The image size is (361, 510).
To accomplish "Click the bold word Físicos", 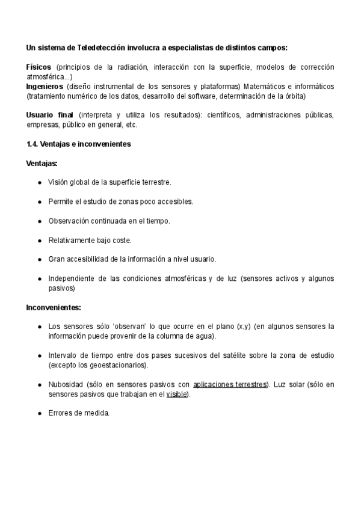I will coord(39,67).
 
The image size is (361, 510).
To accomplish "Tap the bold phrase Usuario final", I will coord(49,115).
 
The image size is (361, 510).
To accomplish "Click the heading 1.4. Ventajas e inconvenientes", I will coord(78,144).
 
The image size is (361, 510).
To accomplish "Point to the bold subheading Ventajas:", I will coord(42,163).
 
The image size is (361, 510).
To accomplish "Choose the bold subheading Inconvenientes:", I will coord(54,307).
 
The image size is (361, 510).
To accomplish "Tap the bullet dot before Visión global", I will coord(40,182).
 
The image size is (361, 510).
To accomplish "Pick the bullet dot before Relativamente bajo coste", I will coord(40,240).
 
